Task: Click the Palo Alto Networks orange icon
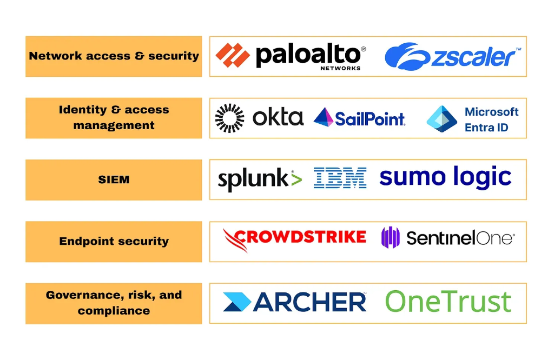[232, 56]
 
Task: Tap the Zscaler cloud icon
[406, 57]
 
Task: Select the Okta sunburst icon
[229, 118]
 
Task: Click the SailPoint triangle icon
[324, 117]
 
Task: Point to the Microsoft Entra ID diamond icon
[441, 119]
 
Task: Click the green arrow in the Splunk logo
[296, 179]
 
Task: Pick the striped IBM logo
[340, 178]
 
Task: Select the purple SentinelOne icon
[390, 237]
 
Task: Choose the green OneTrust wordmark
[448, 302]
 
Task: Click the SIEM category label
[114, 180]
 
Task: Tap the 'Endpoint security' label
[114, 242]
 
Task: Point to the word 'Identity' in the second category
[83, 110]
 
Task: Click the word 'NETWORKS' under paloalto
[340, 69]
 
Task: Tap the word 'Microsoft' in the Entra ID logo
[491, 112]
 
